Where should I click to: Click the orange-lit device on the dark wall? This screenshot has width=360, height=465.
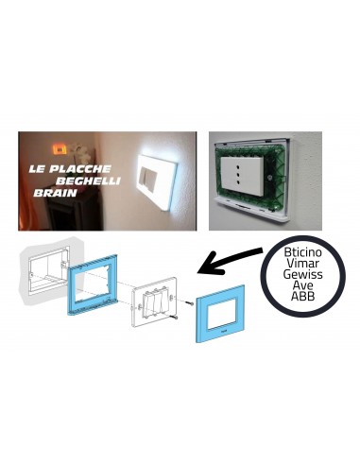point(59,148)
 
